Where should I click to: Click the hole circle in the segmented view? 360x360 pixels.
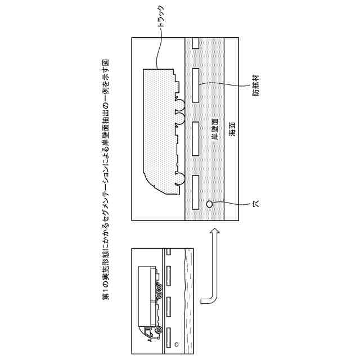tap(209, 204)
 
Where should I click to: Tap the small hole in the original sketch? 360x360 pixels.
tap(177, 344)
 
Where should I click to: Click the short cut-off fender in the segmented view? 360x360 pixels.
tap(196, 43)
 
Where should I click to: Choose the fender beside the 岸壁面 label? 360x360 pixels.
tap(196, 138)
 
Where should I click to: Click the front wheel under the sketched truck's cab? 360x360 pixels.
tap(159, 330)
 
